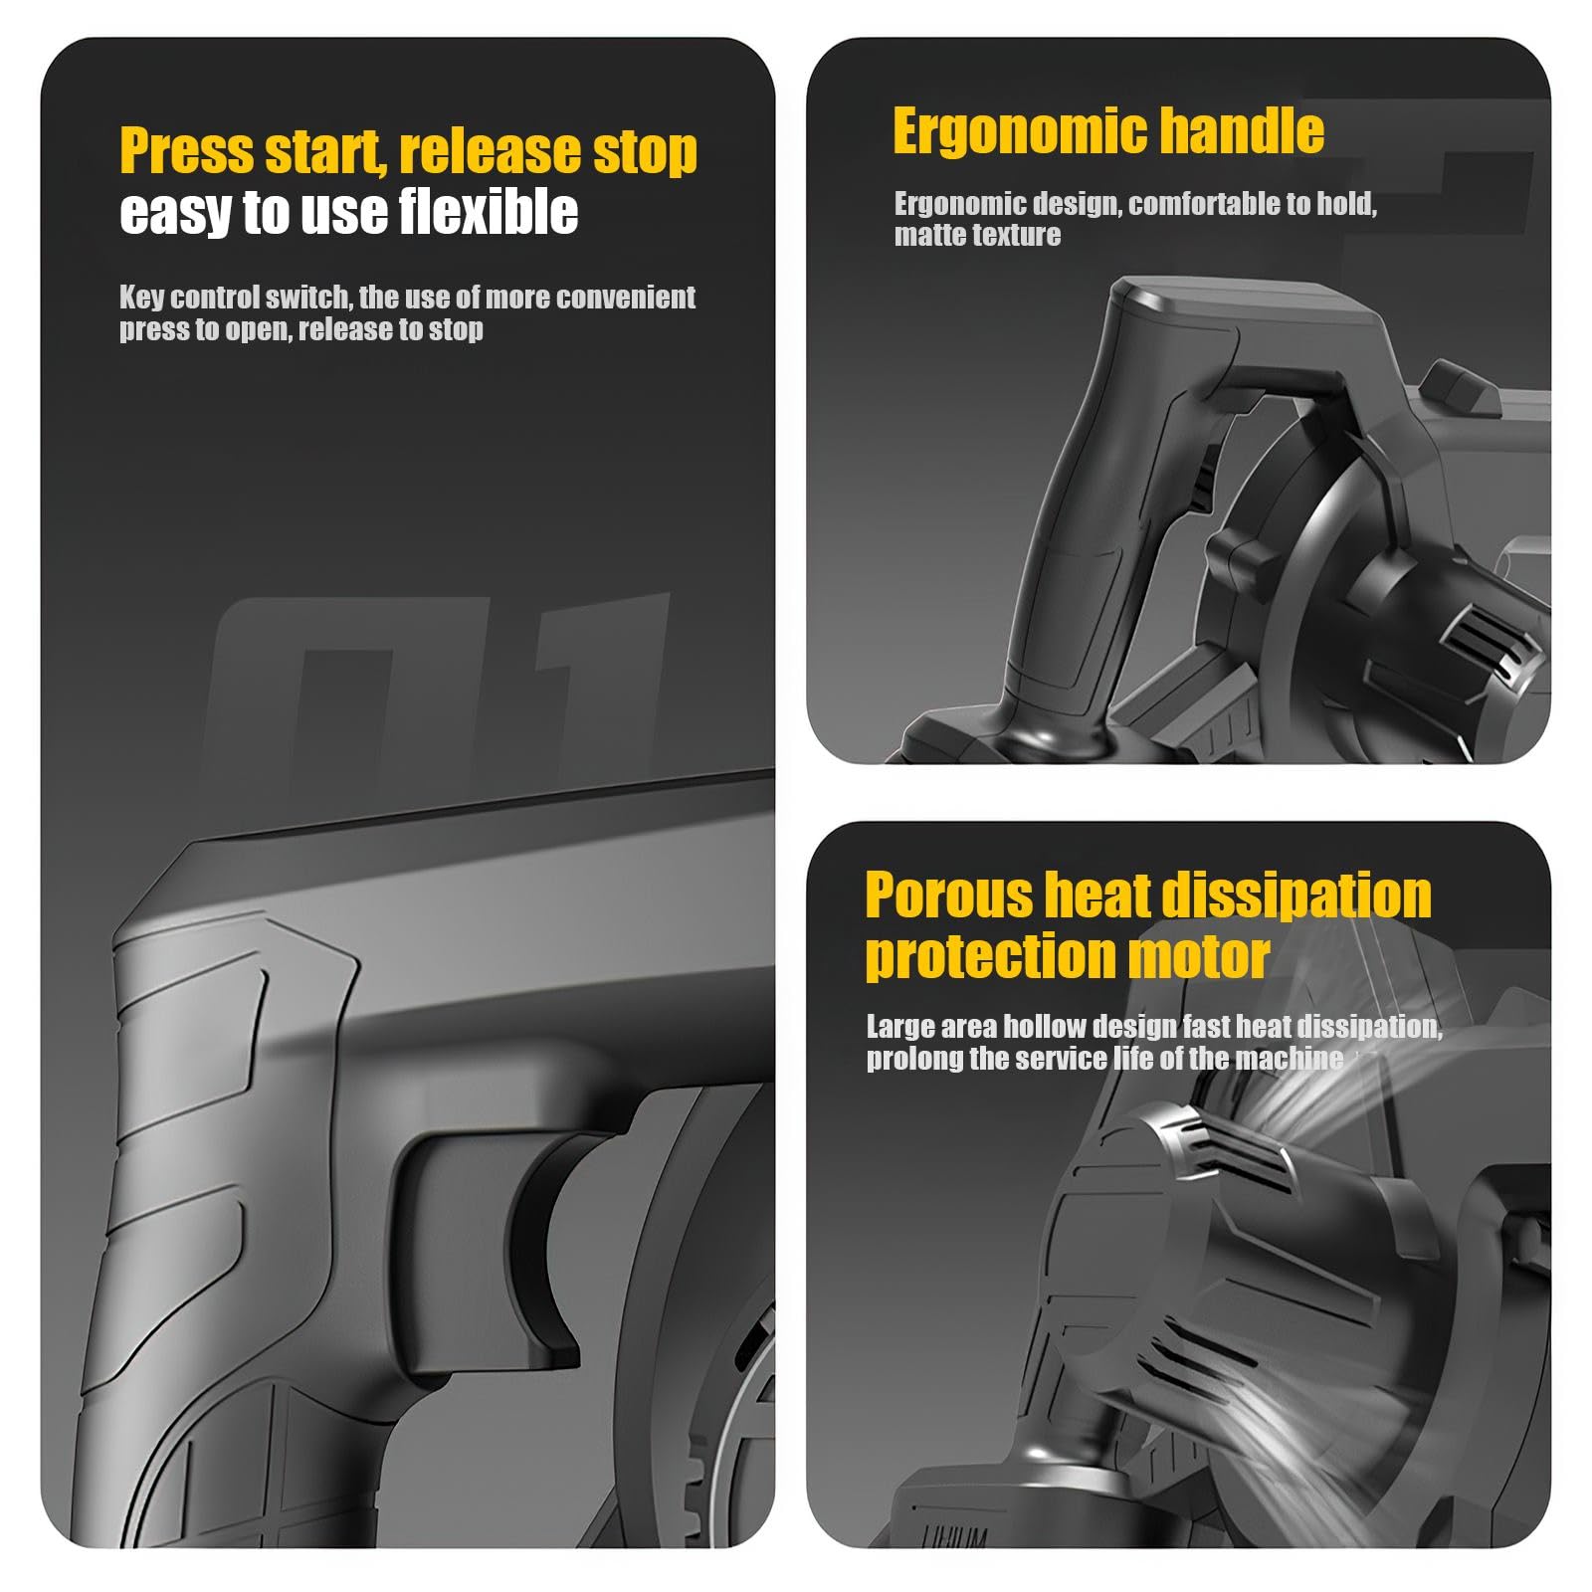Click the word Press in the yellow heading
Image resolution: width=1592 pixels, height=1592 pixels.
[x=185, y=151]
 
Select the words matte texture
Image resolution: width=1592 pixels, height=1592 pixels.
[x=977, y=235]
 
